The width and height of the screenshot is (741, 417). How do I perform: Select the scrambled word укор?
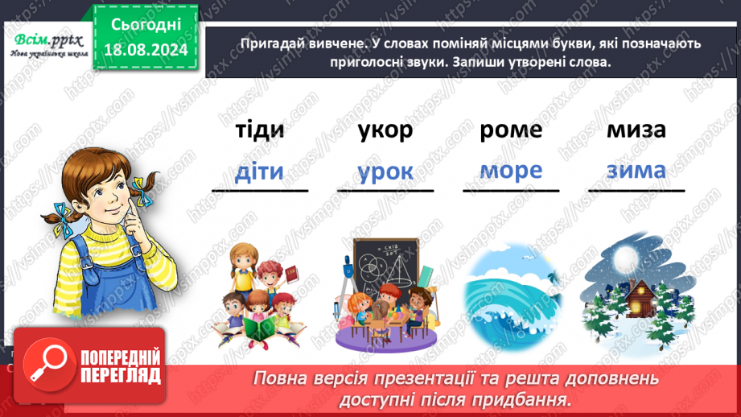(x=385, y=130)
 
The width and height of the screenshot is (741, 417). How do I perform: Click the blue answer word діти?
(x=259, y=171)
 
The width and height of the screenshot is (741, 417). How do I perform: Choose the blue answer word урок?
(x=385, y=172)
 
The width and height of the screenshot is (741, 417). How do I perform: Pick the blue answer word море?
(x=511, y=171)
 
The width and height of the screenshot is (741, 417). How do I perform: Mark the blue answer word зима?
(x=636, y=171)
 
